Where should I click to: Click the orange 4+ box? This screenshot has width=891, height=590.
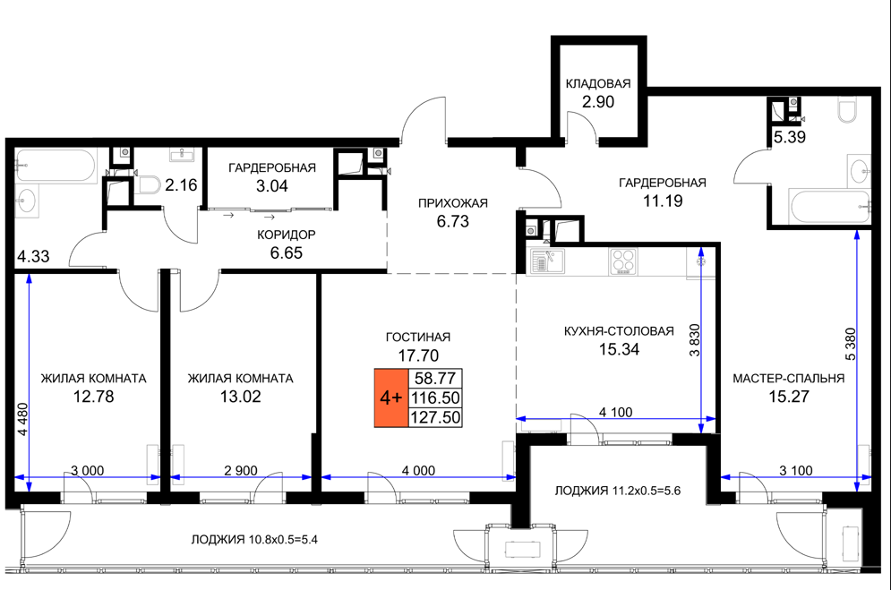(x=391, y=398)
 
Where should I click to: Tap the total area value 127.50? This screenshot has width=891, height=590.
(x=435, y=417)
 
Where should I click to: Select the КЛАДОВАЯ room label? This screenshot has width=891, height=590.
(x=598, y=83)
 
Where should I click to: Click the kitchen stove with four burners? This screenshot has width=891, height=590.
(x=622, y=261)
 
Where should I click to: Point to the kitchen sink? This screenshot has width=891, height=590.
(x=546, y=261)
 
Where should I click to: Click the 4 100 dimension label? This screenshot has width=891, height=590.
(x=615, y=412)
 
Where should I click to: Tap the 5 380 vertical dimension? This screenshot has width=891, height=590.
(x=851, y=344)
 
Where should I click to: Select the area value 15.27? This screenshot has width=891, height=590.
(x=788, y=397)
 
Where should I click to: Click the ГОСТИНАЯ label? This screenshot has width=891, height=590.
(x=417, y=337)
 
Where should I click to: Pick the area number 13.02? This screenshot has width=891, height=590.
(x=240, y=397)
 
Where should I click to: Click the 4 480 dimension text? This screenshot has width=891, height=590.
(x=22, y=419)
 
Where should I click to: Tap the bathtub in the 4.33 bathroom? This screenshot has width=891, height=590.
(x=56, y=166)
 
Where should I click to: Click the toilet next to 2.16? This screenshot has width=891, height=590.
(x=150, y=184)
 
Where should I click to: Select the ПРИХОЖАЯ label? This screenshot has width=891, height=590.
(x=453, y=202)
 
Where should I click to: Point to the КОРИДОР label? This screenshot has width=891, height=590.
(x=286, y=235)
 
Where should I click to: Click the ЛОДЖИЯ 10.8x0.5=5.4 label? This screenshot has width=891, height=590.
(x=254, y=540)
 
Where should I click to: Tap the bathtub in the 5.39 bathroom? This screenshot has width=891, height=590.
(x=829, y=207)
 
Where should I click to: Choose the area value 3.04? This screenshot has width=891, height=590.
(x=271, y=185)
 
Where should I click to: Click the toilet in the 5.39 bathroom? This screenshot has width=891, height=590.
(x=847, y=110)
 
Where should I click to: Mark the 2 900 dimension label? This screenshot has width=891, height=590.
(x=240, y=471)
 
